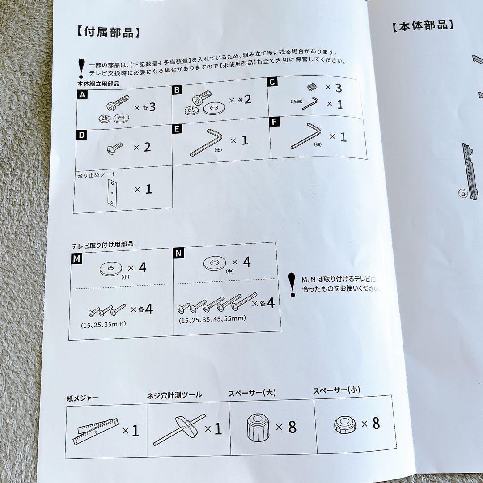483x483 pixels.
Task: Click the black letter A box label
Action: pyautogui.click(x=82, y=95)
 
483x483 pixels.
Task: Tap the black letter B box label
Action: pyautogui.click(x=177, y=90)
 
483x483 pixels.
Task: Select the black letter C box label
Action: pyautogui.click(x=272, y=82)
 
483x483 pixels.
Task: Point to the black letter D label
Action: pyautogui.click(x=81, y=135)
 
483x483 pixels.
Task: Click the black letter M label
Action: pyautogui.click(x=76, y=258)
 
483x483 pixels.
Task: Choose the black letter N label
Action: pyautogui.click(x=178, y=253)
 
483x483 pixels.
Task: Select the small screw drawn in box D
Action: pyautogui.click(x=114, y=148)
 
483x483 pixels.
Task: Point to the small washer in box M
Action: pyautogui.click(x=111, y=269)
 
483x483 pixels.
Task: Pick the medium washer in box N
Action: pyautogui.click(x=215, y=263)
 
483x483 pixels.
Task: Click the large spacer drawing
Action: pyautogui.click(x=258, y=428)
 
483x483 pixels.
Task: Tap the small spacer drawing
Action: pyautogui.click(x=345, y=425)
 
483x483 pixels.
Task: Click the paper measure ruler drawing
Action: pyautogui.click(x=96, y=431)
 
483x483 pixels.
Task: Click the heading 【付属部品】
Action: pyautogui.click(x=108, y=32)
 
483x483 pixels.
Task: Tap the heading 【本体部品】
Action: pyautogui.click(x=423, y=25)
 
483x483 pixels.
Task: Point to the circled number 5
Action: pyautogui.click(x=463, y=194)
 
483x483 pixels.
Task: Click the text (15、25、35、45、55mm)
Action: pyautogui.click(x=212, y=319)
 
